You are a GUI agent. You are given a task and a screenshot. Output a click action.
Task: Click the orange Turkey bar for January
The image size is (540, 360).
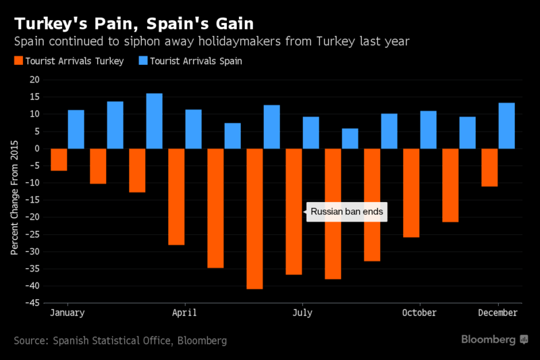click(x=59, y=159)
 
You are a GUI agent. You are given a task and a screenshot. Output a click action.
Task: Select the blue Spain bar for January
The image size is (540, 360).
click(x=76, y=129)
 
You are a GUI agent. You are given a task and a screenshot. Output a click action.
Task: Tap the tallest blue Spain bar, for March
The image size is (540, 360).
click(x=155, y=121)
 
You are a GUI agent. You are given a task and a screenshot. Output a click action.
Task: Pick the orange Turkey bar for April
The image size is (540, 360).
click(x=176, y=197)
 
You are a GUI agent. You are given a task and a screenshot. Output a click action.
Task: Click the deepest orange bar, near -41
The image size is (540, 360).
click(x=254, y=219)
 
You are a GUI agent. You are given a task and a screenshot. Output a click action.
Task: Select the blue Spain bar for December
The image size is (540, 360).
click(x=507, y=126)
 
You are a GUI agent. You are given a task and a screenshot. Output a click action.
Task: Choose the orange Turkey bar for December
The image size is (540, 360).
click(x=489, y=168)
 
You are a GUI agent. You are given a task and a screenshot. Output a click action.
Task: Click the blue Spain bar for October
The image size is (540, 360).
click(x=429, y=130)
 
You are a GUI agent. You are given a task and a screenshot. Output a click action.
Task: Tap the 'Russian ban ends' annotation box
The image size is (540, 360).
click(x=347, y=212)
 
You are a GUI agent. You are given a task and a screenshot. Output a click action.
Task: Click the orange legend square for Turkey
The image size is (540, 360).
click(x=19, y=61)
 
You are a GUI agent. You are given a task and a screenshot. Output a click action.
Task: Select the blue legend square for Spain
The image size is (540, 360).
click(x=143, y=61)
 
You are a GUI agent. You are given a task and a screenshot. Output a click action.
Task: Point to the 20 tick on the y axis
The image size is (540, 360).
click(x=35, y=80)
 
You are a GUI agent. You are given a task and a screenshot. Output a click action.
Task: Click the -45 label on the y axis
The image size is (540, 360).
click(x=32, y=303)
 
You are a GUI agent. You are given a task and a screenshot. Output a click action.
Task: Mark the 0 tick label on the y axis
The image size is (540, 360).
click(x=37, y=149)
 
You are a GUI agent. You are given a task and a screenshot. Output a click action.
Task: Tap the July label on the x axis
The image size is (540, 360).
click(x=302, y=313)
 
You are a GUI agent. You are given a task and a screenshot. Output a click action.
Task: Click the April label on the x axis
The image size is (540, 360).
click(x=184, y=313)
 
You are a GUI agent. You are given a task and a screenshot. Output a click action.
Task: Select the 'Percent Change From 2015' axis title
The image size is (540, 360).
click(x=14, y=197)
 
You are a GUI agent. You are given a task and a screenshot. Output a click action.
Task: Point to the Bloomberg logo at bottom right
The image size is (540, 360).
click(x=495, y=340)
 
